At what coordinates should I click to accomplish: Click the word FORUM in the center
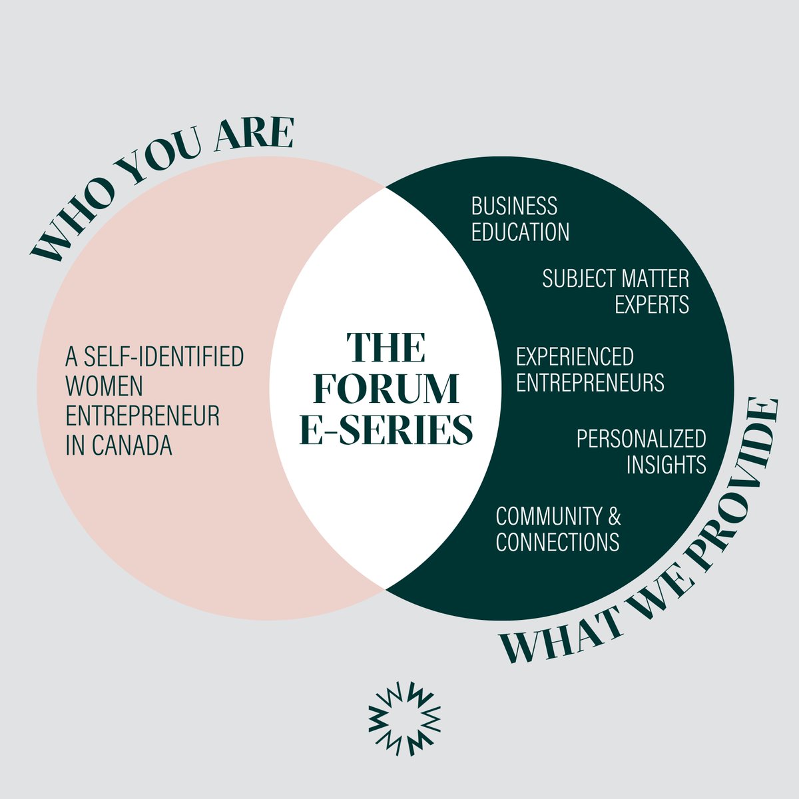pyautogui.click(x=386, y=388)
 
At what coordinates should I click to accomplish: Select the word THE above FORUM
pyautogui.click(x=386, y=348)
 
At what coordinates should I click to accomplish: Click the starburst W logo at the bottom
pyautogui.click(x=404, y=719)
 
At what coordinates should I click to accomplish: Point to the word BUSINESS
pyautogui.click(x=514, y=206)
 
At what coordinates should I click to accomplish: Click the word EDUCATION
pyautogui.click(x=520, y=232)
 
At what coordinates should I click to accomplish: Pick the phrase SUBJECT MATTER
pyautogui.click(x=615, y=278)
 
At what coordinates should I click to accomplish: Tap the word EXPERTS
pyautogui.click(x=651, y=304)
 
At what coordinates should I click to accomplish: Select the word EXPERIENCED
pyautogui.click(x=575, y=357)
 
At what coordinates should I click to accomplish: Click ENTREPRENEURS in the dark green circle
pyautogui.click(x=590, y=383)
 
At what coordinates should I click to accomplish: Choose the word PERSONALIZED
pyautogui.click(x=641, y=438)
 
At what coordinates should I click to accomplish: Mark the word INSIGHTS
pyautogui.click(x=666, y=464)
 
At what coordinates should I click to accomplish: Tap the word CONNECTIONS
pyautogui.click(x=557, y=542)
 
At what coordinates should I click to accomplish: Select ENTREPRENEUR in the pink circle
pyautogui.click(x=142, y=416)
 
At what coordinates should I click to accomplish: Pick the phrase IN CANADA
pyautogui.click(x=119, y=445)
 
